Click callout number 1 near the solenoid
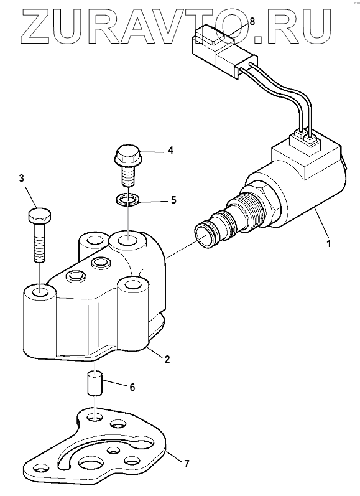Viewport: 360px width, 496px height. (x=329, y=243)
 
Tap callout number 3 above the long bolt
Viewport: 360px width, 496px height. (x=22, y=179)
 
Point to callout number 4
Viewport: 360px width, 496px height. (x=170, y=150)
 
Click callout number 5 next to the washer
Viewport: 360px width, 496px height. (x=173, y=200)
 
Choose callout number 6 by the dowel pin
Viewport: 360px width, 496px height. (x=132, y=387)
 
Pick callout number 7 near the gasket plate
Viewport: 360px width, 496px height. (x=187, y=464)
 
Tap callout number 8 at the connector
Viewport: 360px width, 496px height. (x=252, y=22)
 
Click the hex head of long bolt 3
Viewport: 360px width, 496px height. (x=40, y=215)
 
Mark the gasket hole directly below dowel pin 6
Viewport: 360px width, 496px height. (x=96, y=418)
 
